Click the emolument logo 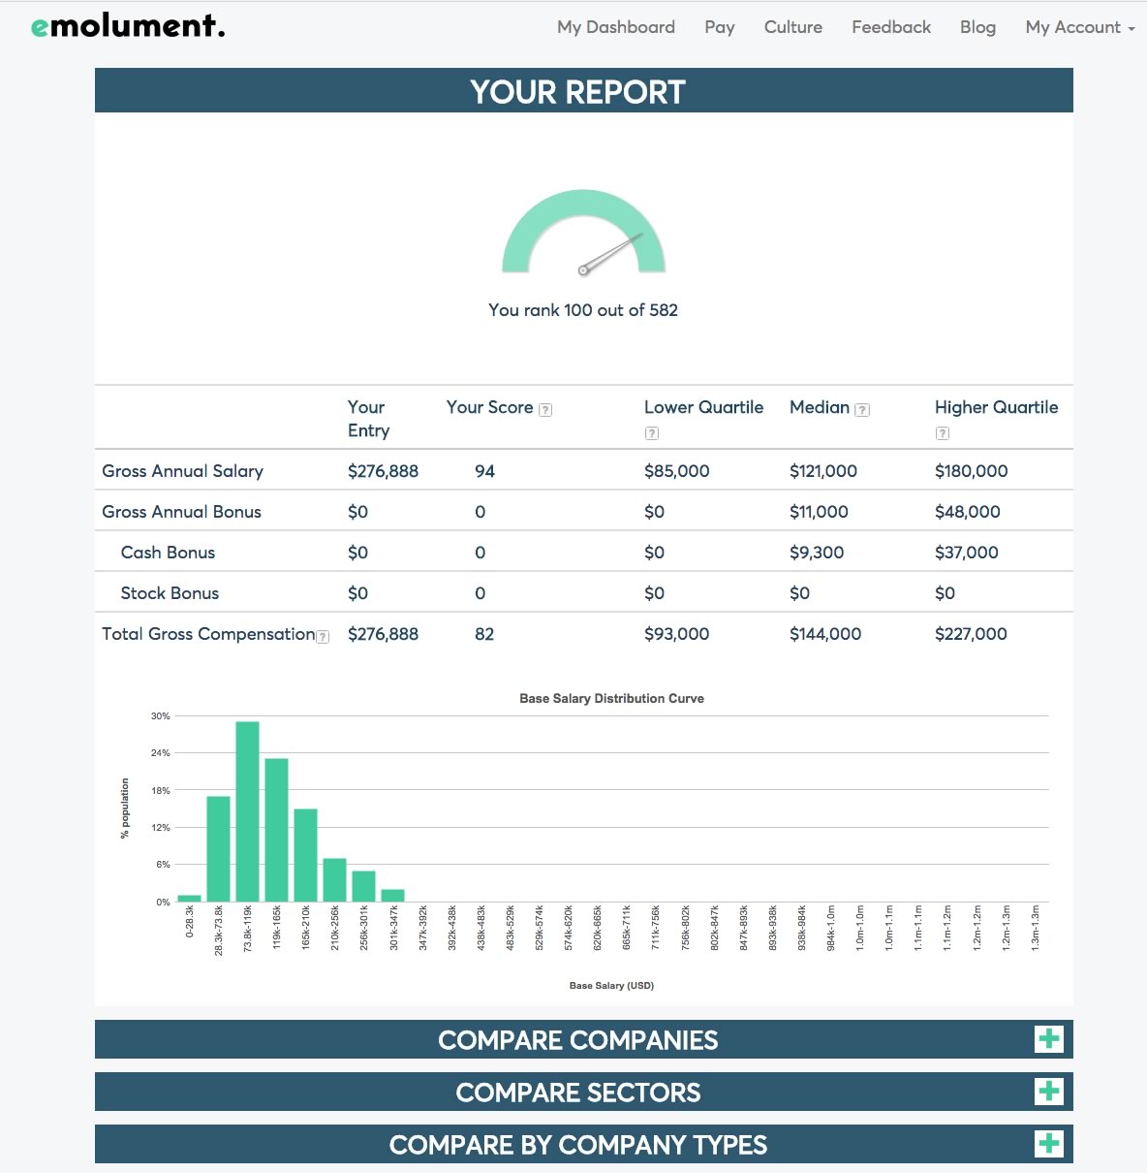point(128,26)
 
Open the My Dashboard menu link point(615,27)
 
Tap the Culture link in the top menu point(792,27)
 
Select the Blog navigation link point(977,27)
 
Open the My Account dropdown point(1079,27)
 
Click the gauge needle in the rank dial point(611,252)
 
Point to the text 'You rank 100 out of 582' point(582,310)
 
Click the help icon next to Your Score point(545,410)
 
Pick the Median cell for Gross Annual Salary point(822,471)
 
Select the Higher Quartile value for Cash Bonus point(966,553)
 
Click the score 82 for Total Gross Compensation point(484,634)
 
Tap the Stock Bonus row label point(170,593)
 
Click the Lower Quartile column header point(703,408)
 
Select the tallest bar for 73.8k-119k point(247,812)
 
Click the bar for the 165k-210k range point(305,855)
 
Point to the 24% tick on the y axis point(160,753)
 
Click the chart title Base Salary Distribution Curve point(611,698)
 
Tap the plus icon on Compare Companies point(1048,1039)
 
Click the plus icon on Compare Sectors point(1048,1092)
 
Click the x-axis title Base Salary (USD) point(611,986)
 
